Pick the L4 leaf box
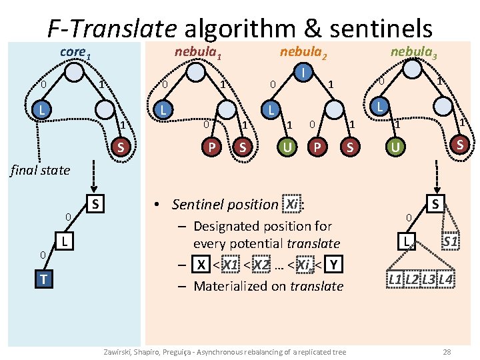(445, 280)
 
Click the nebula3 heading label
(413, 52)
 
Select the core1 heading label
(74, 51)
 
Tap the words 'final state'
(40, 170)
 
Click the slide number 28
(447, 351)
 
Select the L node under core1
(43, 109)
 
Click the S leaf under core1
(120, 146)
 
